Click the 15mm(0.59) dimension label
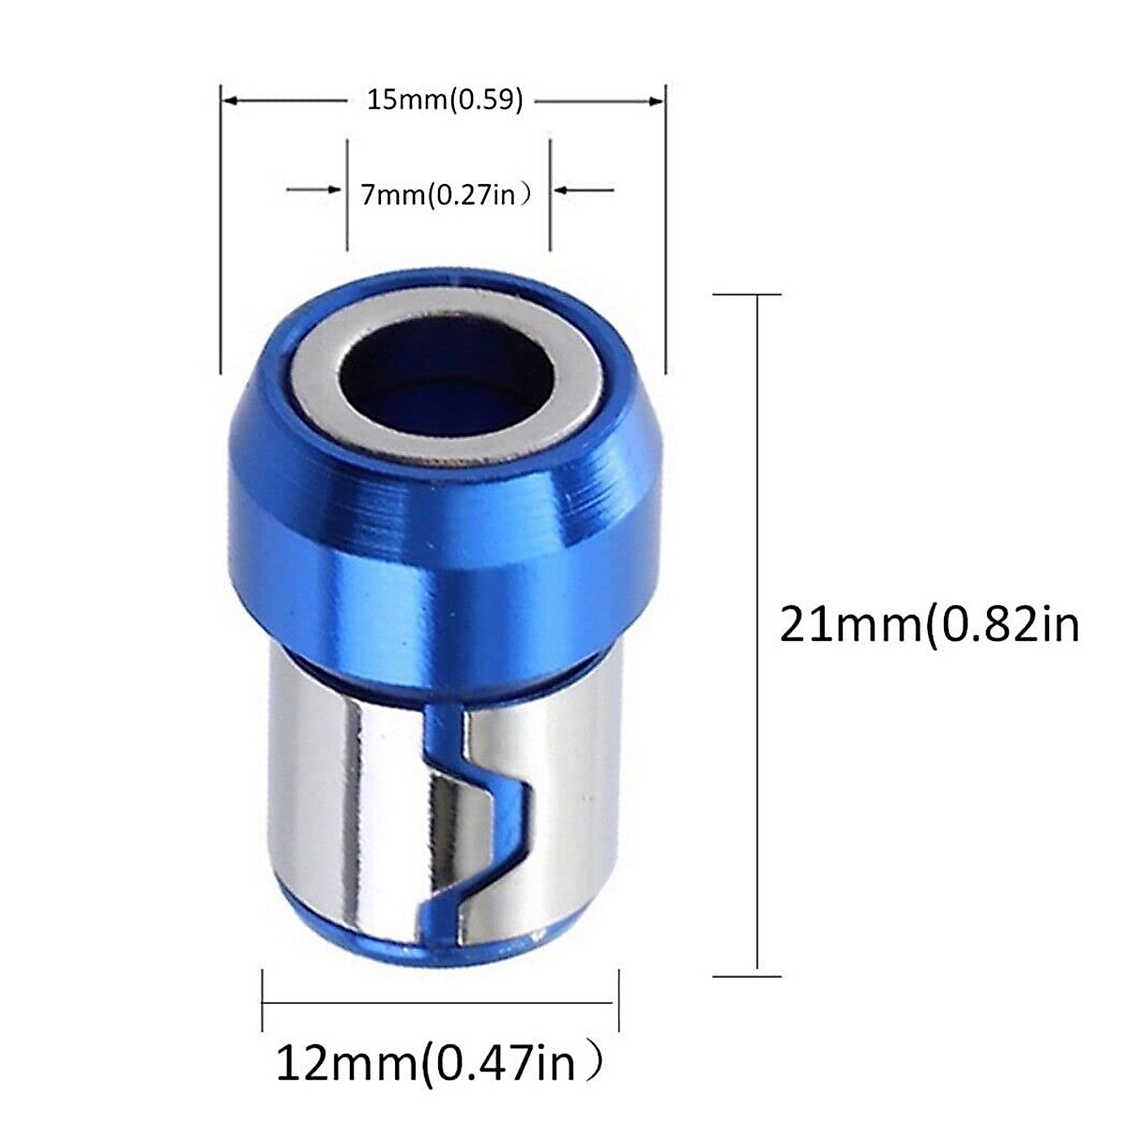tap(444, 99)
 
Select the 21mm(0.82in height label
tap(929, 624)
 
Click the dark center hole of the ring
tap(441, 375)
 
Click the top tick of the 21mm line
tap(747, 295)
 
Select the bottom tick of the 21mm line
tap(747, 977)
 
